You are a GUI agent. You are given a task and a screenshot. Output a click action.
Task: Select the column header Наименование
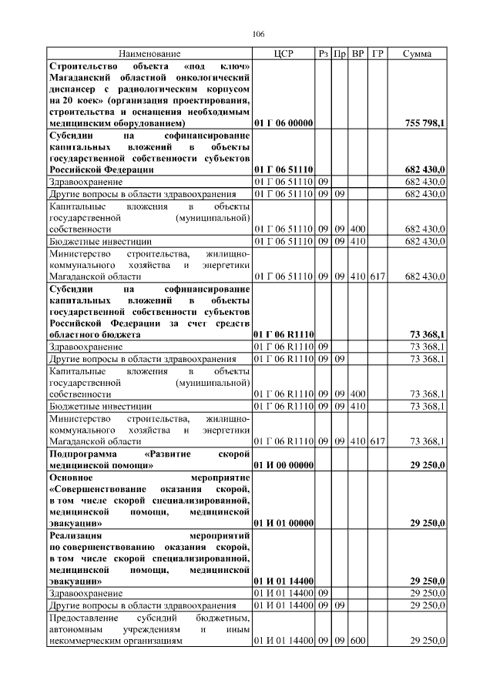coord(149,54)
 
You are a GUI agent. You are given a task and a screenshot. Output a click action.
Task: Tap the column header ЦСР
coord(283,54)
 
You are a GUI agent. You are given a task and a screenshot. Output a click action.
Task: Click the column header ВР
coord(357,54)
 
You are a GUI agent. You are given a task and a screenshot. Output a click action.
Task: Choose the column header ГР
coord(377,54)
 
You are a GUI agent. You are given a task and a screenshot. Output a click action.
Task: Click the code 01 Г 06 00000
coord(283,123)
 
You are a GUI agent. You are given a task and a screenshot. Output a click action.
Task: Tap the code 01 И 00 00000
coord(283,465)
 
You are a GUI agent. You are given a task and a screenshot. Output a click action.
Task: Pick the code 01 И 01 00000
coord(283,522)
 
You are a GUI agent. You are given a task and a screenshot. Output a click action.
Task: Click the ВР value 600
coord(357,641)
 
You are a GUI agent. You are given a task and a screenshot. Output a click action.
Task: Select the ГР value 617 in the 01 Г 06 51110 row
coord(377,276)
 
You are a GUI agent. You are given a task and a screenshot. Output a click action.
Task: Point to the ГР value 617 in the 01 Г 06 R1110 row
coord(377,441)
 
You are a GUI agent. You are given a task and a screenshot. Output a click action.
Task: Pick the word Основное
coord(72,477)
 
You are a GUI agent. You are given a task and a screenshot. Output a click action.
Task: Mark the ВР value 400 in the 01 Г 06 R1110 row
coord(357,394)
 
